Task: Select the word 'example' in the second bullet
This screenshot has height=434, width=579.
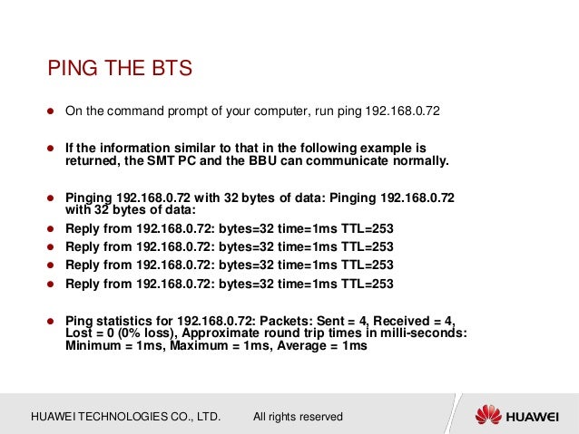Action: (385, 148)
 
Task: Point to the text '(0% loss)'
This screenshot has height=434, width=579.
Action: (136, 333)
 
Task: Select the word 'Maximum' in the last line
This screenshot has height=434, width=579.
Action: (186, 345)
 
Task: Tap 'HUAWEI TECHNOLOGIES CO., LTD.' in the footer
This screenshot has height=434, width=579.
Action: (126, 417)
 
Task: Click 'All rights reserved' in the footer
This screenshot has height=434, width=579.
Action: (298, 417)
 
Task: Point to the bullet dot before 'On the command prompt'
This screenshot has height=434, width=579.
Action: (52, 111)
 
